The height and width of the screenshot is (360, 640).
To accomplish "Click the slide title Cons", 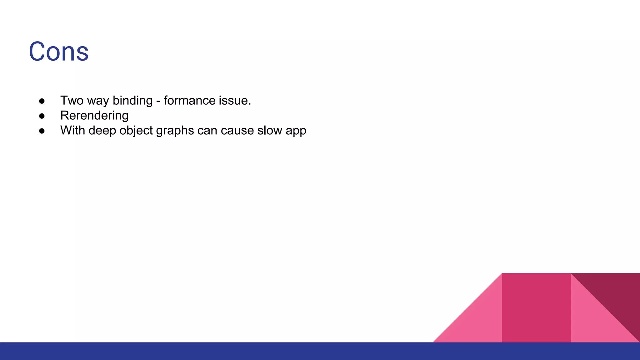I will [59, 52].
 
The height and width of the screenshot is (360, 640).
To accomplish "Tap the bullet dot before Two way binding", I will [42, 101].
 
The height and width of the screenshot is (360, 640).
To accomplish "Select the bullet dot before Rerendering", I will [42, 116].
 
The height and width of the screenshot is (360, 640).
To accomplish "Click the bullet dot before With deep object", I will [42, 131].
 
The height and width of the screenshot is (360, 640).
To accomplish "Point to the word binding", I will [132, 101].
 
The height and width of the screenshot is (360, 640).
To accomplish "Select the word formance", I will [189, 101].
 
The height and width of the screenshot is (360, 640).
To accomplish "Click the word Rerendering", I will [94, 116].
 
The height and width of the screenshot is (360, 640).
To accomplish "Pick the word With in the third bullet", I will [72, 131].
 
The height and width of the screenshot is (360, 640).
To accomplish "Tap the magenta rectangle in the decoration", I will [536, 308].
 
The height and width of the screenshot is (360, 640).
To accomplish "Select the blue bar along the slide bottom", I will [320, 351].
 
